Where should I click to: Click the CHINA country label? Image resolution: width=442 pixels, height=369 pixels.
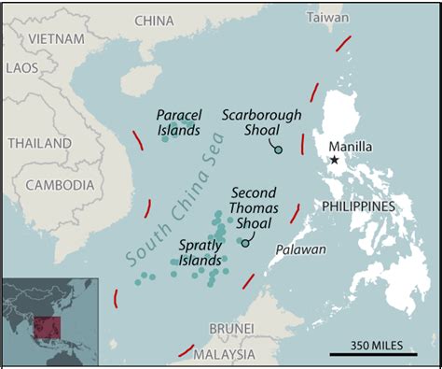tap(154, 21)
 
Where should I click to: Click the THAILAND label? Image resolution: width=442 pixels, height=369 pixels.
tap(39, 143)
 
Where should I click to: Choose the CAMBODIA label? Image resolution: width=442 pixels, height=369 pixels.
tap(59, 184)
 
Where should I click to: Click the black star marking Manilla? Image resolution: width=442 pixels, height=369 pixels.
tap(335, 161)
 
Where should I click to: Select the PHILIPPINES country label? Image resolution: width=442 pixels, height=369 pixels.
tap(366, 206)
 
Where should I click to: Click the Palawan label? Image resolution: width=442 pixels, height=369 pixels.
tap(301, 249)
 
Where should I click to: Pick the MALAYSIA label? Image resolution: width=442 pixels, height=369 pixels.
tap(224, 354)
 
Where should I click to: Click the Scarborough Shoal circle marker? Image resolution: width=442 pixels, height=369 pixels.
tap(278, 149)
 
